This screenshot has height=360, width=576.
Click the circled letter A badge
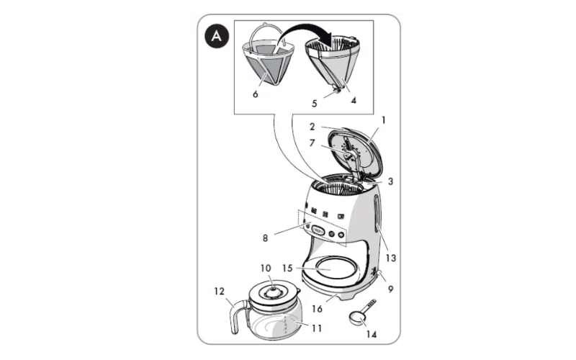(x=217, y=37)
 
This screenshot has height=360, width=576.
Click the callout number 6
(x=256, y=94)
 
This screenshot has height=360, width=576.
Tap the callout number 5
(x=315, y=104)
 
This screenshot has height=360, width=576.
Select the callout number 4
(x=354, y=100)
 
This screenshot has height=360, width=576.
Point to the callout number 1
(x=384, y=120)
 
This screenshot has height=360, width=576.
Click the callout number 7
(x=312, y=143)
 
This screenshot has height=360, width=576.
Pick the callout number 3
(x=390, y=181)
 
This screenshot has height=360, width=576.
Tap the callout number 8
(x=265, y=238)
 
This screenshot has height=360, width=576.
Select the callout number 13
(x=391, y=258)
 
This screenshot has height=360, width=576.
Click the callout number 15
(x=287, y=269)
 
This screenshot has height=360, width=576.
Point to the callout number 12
(x=220, y=292)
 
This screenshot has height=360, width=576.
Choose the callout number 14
(x=372, y=334)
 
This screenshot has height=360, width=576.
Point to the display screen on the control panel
(x=318, y=231)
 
